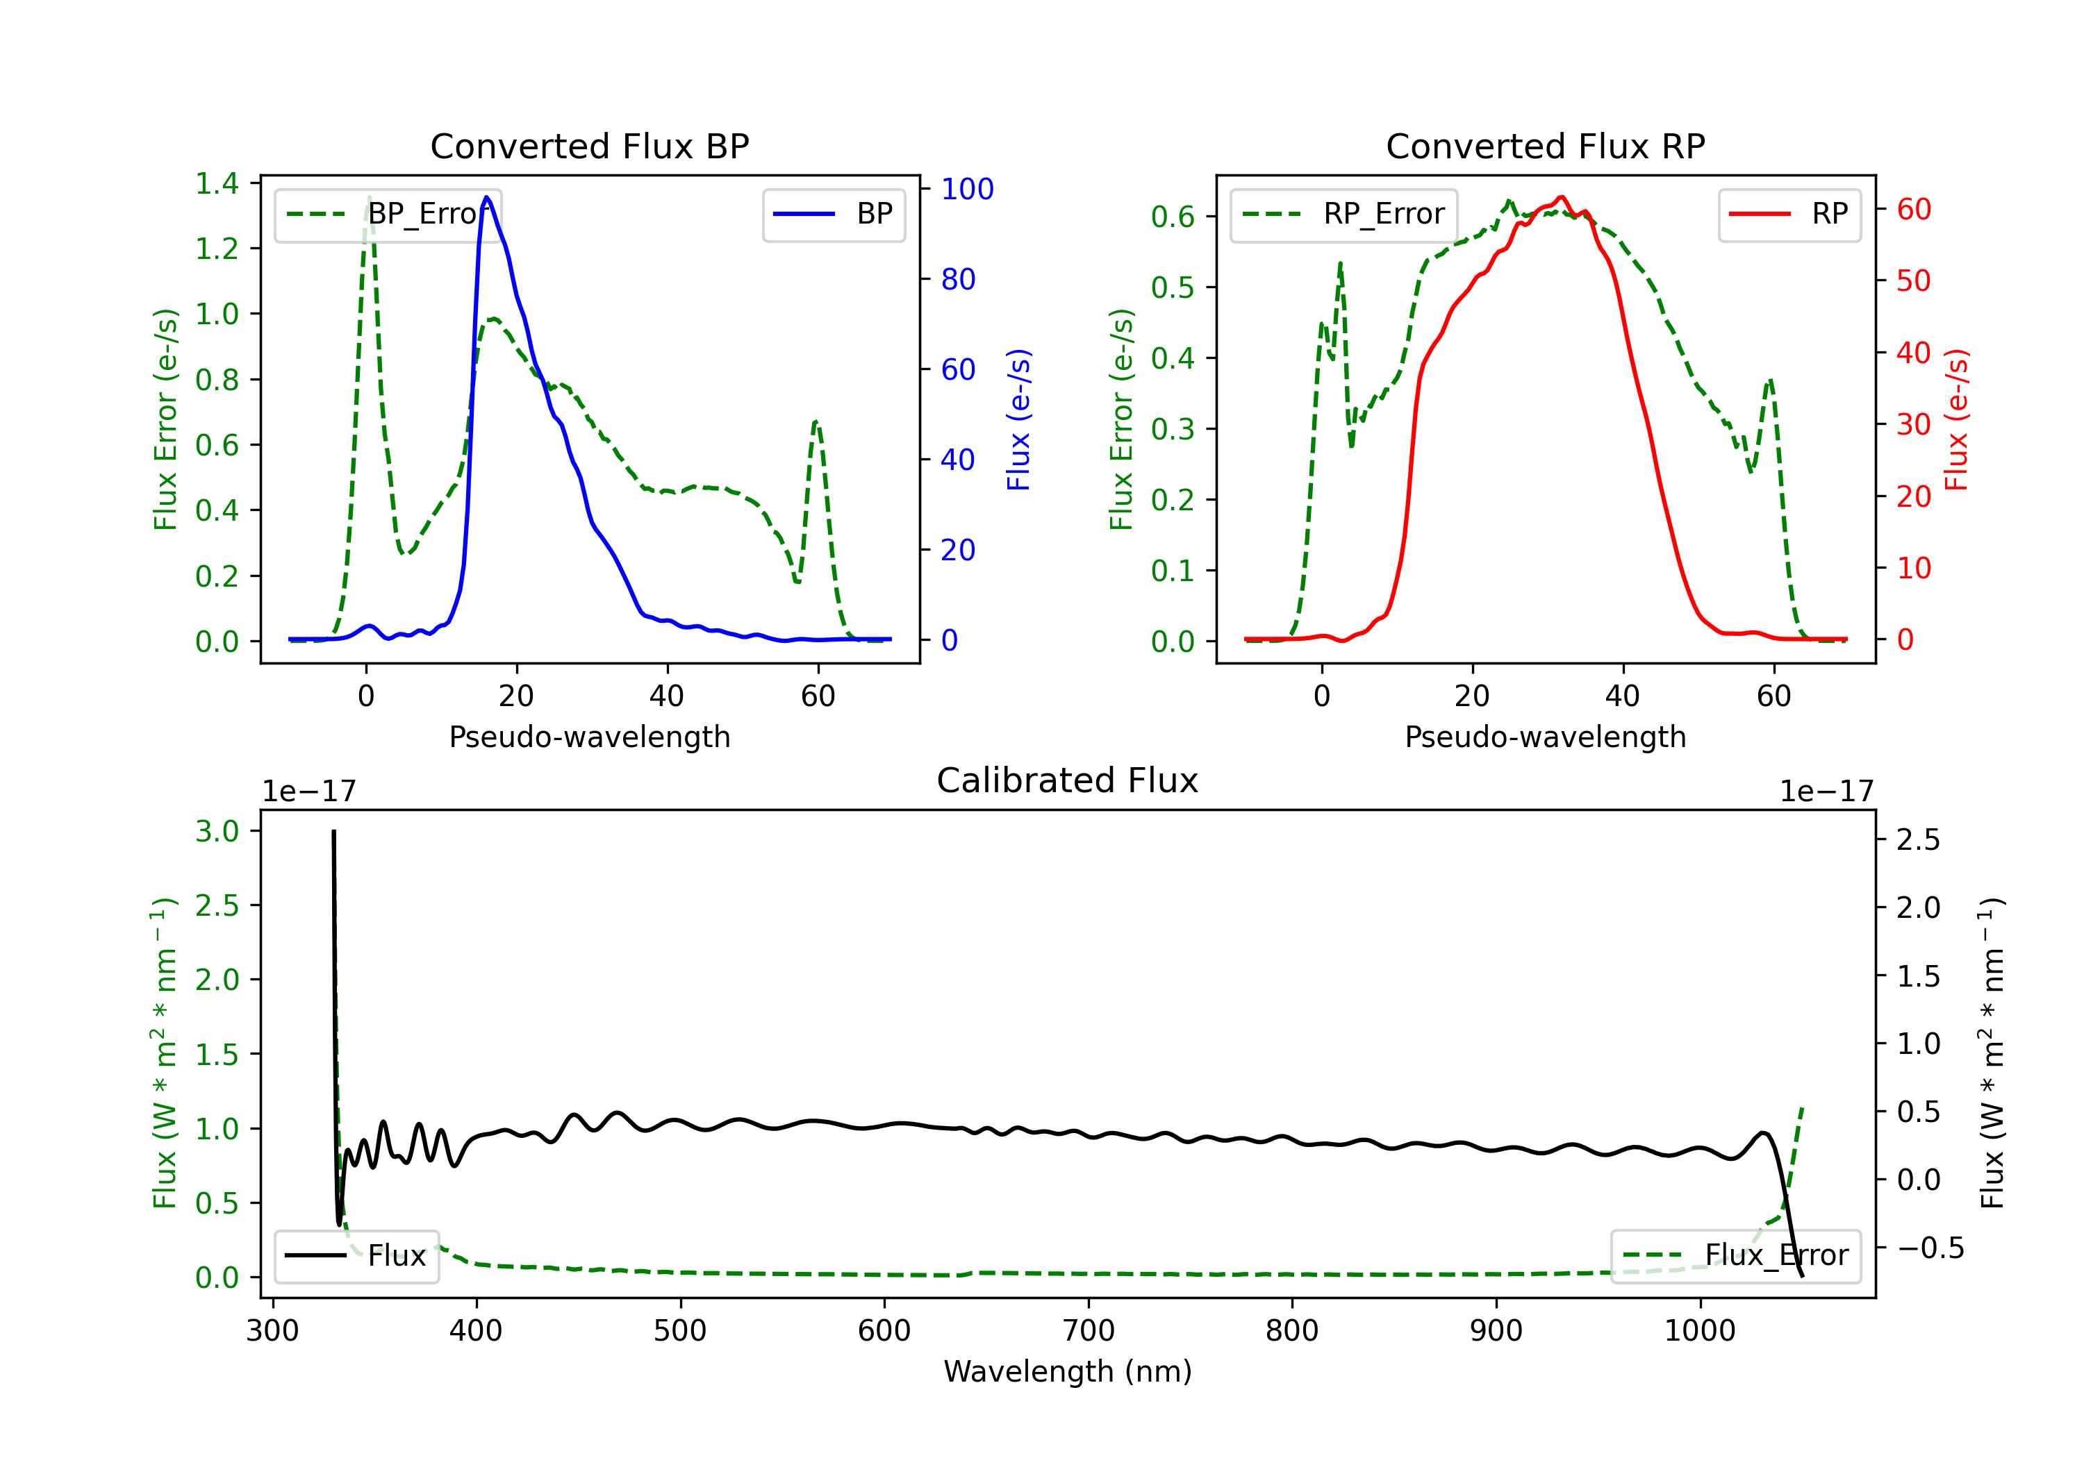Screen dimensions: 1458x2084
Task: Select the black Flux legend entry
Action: click(357, 1257)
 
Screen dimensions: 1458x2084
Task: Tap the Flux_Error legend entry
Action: click(1735, 1257)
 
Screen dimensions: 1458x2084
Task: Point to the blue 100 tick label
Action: click(967, 190)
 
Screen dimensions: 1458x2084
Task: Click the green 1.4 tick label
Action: click(217, 184)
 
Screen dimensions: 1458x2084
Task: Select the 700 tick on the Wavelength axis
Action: click(1089, 1331)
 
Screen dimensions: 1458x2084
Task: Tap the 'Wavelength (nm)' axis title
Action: click(1068, 1372)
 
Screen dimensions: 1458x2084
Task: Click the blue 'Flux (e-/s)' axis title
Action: click(1018, 420)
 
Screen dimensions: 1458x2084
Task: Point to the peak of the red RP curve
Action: click(1560, 197)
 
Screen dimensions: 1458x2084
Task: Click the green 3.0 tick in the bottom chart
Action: click(217, 832)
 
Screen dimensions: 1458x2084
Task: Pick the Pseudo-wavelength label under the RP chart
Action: click(1545, 737)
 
